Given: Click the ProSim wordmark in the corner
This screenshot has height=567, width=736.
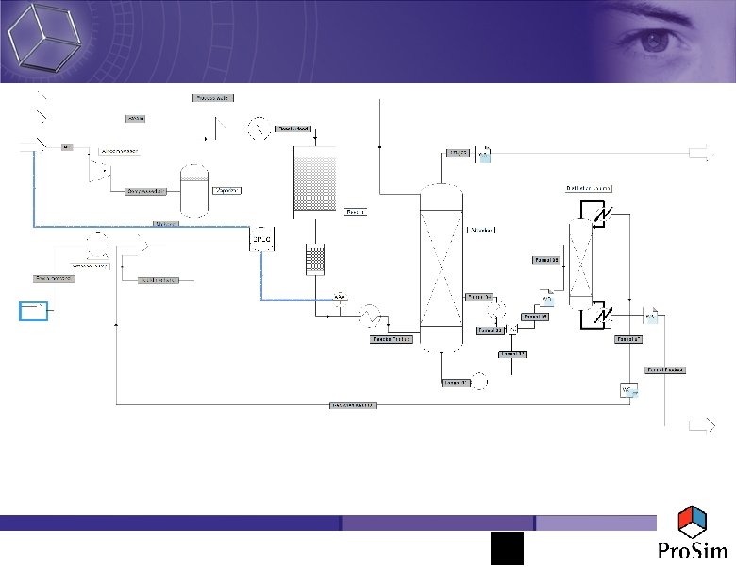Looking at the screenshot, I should [x=687, y=551].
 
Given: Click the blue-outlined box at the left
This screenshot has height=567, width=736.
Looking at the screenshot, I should [x=34, y=312].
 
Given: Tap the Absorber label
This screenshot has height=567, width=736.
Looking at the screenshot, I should [x=481, y=230].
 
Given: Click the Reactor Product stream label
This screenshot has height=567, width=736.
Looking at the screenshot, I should [x=390, y=337].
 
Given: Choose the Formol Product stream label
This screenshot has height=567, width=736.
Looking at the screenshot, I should [x=664, y=369].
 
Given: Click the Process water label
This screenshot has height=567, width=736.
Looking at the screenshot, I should [x=212, y=98].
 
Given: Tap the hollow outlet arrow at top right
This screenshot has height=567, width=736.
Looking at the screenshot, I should [x=701, y=151].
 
